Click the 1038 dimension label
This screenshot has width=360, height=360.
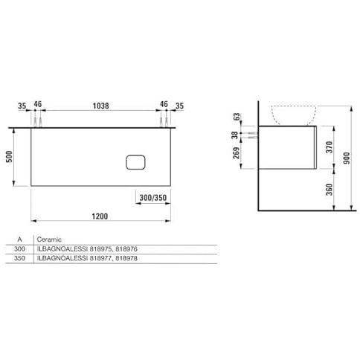[100, 106]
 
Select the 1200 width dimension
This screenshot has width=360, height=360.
[100, 216]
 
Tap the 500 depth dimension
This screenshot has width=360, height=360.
[9, 156]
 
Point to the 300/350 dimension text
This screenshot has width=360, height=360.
[153, 198]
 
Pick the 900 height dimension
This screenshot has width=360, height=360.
[347, 158]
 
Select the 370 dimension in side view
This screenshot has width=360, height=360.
[330, 147]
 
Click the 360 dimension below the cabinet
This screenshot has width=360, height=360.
[330, 190]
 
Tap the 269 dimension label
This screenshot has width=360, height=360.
[237, 153]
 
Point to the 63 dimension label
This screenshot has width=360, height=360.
[237, 117]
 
